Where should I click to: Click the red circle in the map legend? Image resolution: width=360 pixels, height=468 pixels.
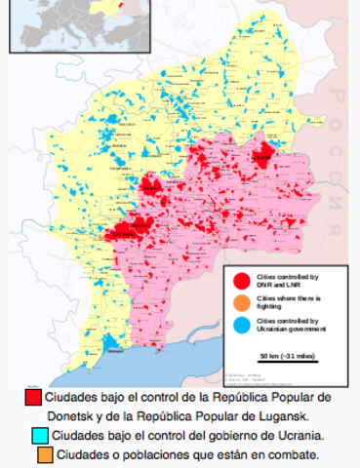pos(239,282)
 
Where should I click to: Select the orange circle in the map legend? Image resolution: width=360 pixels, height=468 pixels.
pos(239,303)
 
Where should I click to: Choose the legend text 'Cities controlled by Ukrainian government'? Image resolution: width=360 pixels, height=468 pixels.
pos(287,324)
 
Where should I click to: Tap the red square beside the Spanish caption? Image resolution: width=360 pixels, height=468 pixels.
pos(33,398)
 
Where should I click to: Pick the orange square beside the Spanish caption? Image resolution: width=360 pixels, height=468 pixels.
pos(46,454)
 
